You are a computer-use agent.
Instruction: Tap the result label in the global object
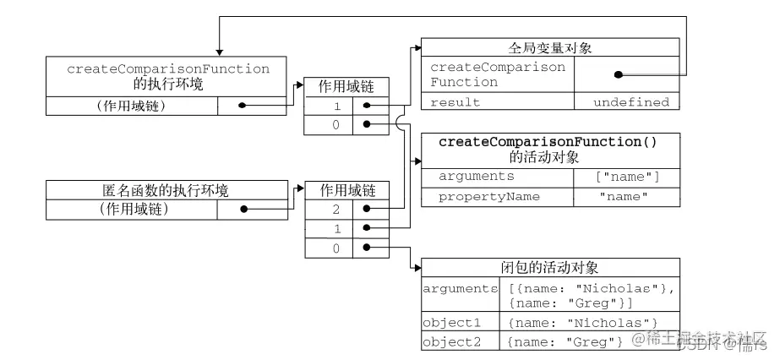(455, 102)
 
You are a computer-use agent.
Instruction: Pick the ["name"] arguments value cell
(626, 176)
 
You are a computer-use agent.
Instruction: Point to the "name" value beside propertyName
(626, 197)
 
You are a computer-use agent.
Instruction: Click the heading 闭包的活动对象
(549, 268)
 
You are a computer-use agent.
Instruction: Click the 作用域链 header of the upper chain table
(341, 86)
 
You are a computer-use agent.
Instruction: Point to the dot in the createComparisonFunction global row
(619, 74)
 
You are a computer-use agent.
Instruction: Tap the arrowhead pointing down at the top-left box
(219, 50)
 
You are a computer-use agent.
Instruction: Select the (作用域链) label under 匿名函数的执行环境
(133, 210)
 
